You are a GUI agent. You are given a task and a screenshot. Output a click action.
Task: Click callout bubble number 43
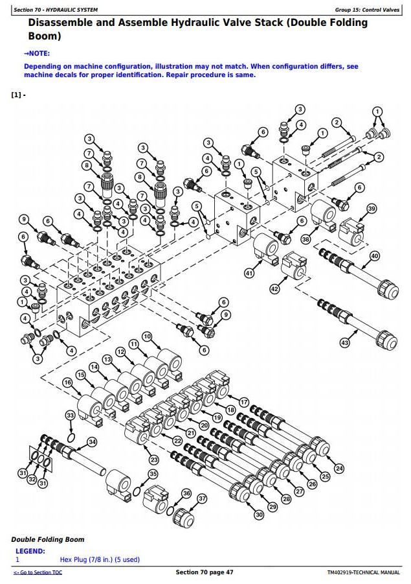click(344, 343)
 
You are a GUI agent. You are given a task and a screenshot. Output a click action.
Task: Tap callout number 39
click(371, 209)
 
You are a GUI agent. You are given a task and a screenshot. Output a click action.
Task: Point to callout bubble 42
click(274, 288)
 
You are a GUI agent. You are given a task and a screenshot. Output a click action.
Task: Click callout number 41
click(249, 274)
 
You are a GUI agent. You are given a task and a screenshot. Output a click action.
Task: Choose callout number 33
click(70, 415)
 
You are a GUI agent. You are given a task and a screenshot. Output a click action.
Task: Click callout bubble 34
click(92, 442)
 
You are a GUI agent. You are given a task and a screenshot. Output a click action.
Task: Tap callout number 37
click(202, 498)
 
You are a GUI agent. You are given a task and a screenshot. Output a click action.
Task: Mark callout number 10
click(147, 336)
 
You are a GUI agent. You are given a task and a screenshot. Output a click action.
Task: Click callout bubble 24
click(339, 469)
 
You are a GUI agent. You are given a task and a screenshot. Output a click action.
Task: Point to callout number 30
click(259, 515)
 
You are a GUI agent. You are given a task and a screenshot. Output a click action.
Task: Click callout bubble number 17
click(244, 402)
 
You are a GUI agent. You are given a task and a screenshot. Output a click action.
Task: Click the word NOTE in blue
click(39, 53)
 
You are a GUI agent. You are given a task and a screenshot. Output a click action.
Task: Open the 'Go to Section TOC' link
click(38, 572)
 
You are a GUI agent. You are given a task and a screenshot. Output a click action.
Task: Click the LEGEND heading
click(30, 551)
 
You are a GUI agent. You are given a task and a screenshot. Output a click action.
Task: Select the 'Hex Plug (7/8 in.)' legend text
click(100, 559)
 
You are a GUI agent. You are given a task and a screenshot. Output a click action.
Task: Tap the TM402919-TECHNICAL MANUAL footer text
click(362, 572)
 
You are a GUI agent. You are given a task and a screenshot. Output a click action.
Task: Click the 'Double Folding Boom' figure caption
click(47, 539)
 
